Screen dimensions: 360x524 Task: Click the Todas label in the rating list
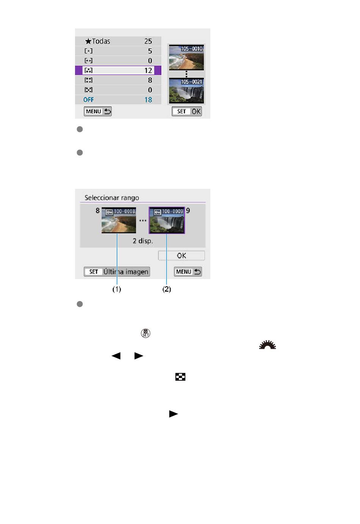click(101, 41)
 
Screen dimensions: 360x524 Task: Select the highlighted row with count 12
click(118, 71)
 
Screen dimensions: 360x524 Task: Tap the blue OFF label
click(88, 100)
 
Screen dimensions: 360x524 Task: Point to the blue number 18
click(148, 100)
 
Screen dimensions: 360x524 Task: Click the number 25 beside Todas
click(148, 41)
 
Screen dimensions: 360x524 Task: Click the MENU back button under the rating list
click(98, 111)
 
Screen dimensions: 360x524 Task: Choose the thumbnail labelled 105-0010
click(186, 57)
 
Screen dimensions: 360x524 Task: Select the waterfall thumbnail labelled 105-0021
click(186, 91)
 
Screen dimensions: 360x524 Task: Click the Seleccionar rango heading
click(112, 198)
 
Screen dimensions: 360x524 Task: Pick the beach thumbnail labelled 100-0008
click(119, 220)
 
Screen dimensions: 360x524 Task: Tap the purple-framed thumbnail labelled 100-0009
click(167, 220)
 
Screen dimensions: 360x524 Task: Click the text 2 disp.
click(143, 241)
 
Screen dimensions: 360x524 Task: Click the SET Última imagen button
click(117, 271)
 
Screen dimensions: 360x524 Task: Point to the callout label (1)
click(117, 289)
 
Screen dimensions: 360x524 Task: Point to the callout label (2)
click(167, 289)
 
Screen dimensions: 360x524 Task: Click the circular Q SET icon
click(146, 333)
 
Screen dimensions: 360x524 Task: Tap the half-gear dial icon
click(268, 345)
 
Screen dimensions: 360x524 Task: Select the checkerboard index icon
click(180, 377)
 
